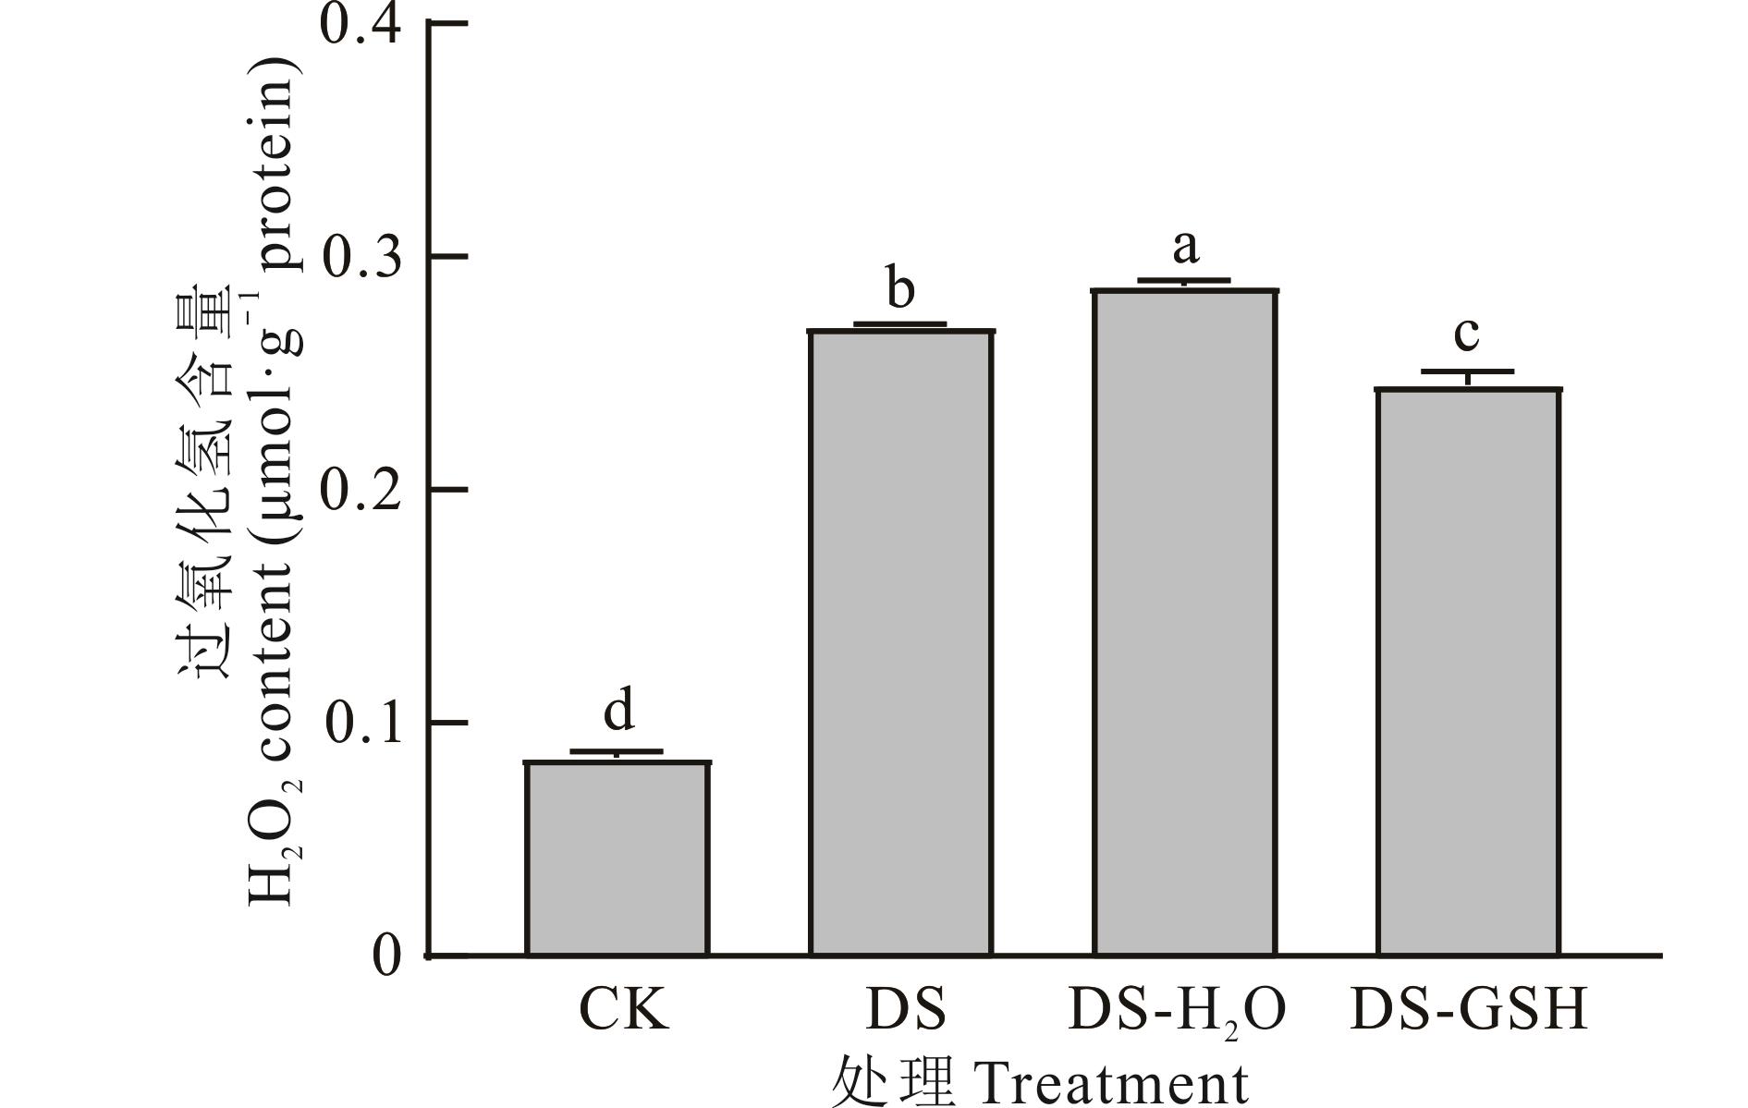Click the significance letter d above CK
(x=619, y=711)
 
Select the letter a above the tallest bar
(x=1185, y=247)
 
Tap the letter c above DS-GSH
(x=1466, y=333)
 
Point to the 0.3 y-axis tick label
(x=361, y=256)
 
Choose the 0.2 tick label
(x=361, y=489)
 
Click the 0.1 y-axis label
(x=361, y=722)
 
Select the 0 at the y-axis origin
(x=387, y=956)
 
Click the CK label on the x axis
(x=622, y=1010)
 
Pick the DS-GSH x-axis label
(x=1469, y=1010)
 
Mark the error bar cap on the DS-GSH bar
(x=1468, y=371)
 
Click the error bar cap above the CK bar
(x=617, y=751)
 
